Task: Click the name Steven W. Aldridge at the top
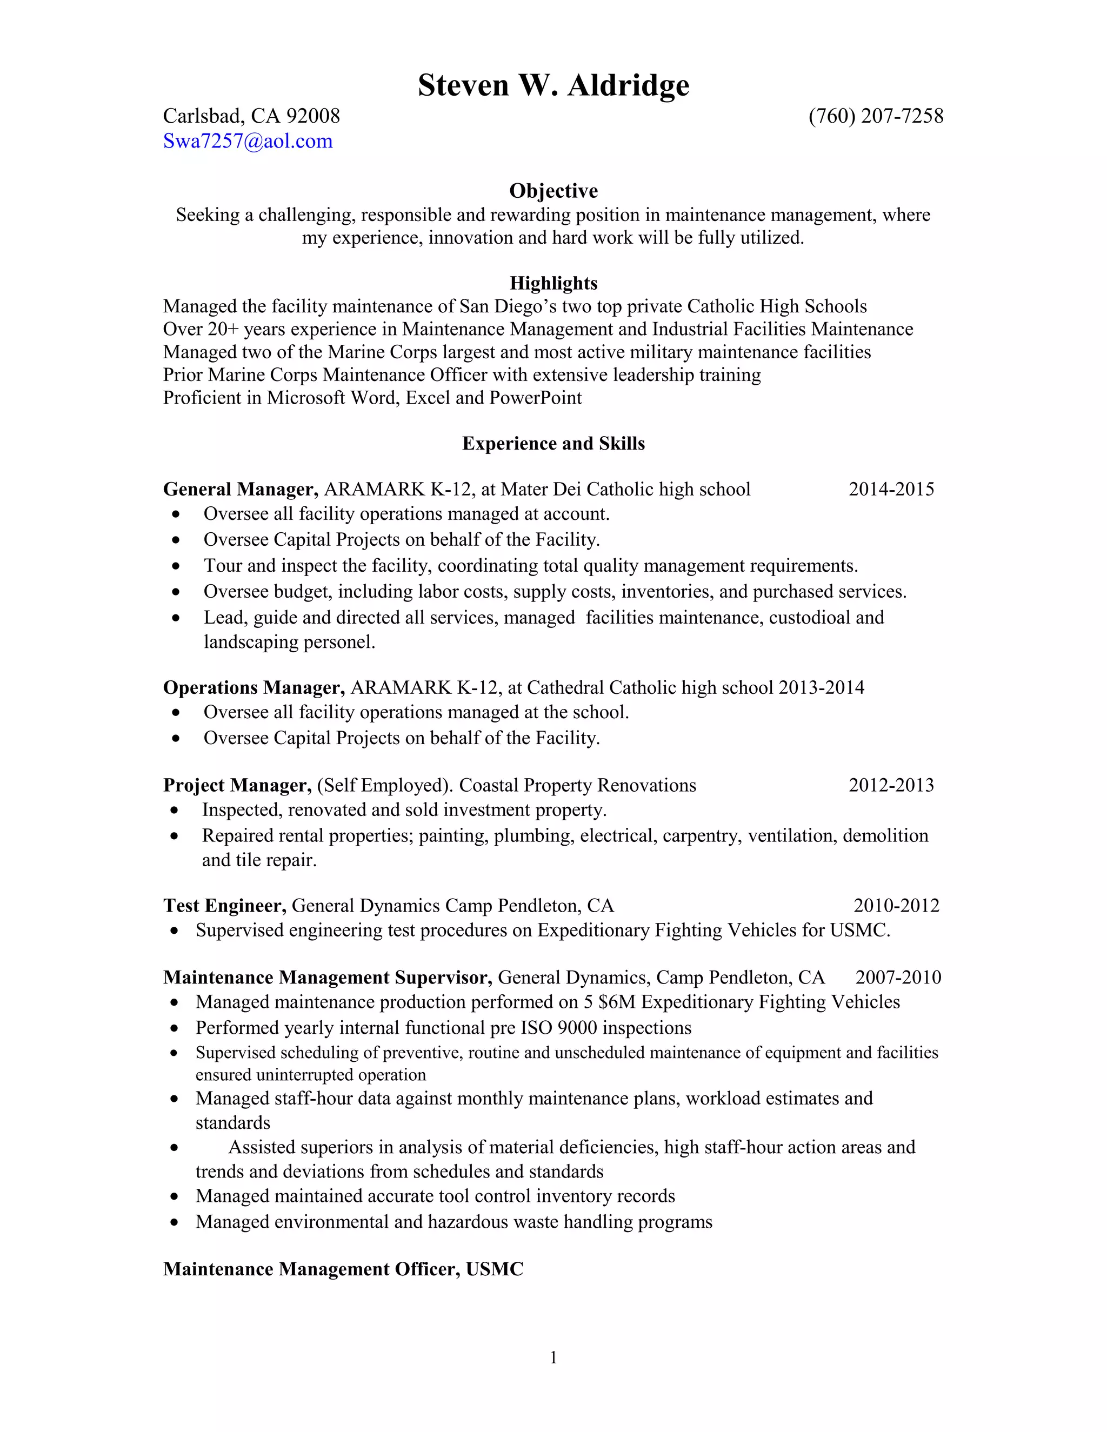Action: pyautogui.click(x=553, y=85)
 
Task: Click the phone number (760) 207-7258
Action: pyautogui.click(x=876, y=116)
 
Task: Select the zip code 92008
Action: pyautogui.click(x=313, y=116)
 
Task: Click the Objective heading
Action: pyautogui.click(x=553, y=191)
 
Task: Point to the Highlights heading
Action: pyautogui.click(x=553, y=283)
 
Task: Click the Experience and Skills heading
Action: pyautogui.click(x=553, y=444)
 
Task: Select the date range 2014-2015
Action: pyautogui.click(x=891, y=489)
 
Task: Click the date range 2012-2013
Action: pyautogui.click(x=891, y=786)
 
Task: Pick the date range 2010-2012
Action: pyautogui.click(x=896, y=906)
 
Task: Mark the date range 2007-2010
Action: pyautogui.click(x=897, y=978)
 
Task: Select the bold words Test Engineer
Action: pyautogui.click(x=224, y=906)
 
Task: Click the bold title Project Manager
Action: pyautogui.click(x=237, y=786)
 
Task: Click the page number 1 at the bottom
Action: pyautogui.click(x=553, y=1358)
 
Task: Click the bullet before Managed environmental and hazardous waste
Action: pyautogui.click(x=174, y=1223)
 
